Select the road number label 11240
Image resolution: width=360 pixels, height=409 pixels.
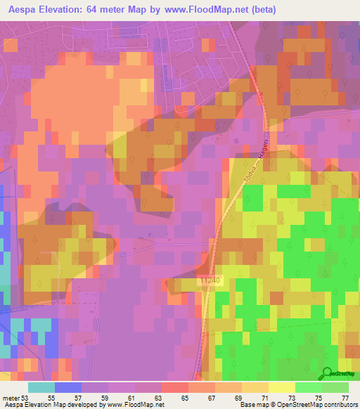click(x=210, y=280)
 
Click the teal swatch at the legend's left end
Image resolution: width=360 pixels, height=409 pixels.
click(x=41, y=387)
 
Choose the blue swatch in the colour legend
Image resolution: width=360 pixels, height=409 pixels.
click(x=67, y=387)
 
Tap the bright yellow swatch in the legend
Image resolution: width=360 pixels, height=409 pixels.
click(x=281, y=387)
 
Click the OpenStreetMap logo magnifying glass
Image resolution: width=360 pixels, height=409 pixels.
click(x=326, y=372)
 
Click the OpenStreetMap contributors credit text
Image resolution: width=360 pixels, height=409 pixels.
click(x=323, y=404)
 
